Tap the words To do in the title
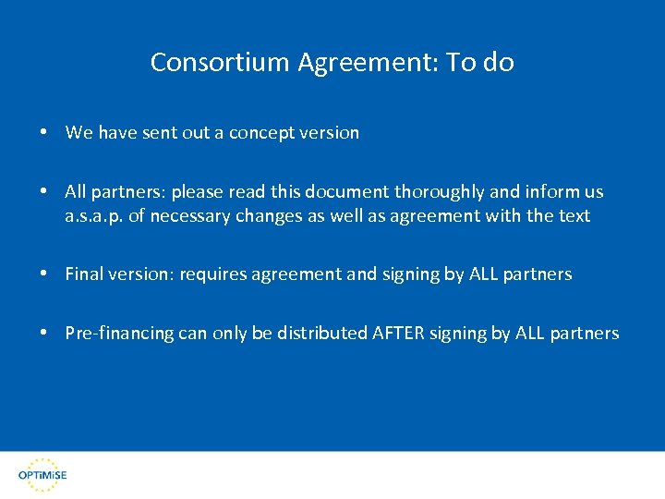click(x=480, y=63)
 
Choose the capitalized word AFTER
click(x=397, y=334)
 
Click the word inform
click(x=550, y=192)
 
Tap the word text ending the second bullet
click(x=574, y=217)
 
